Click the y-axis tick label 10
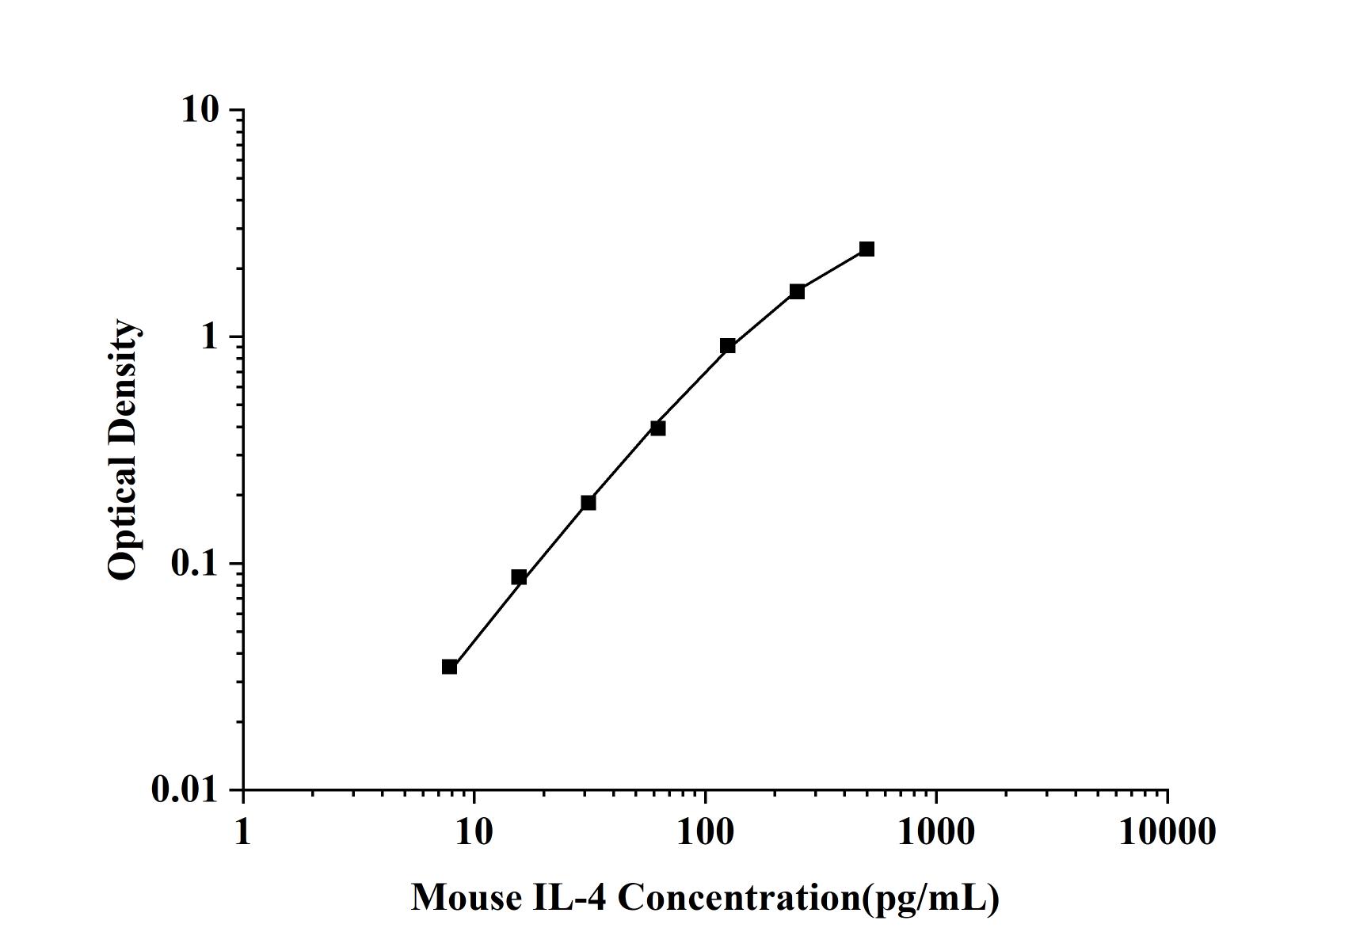point(200,110)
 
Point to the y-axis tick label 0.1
point(193,564)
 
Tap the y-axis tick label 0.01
point(185,790)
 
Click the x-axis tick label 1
point(242,832)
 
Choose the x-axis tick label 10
point(474,832)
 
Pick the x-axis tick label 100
point(705,832)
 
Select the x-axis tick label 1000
point(936,832)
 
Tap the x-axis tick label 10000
point(1167,832)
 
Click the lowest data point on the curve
point(449,667)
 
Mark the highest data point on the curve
point(867,249)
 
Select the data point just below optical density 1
point(728,345)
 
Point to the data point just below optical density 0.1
point(519,577)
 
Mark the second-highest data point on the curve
point(797,291)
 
